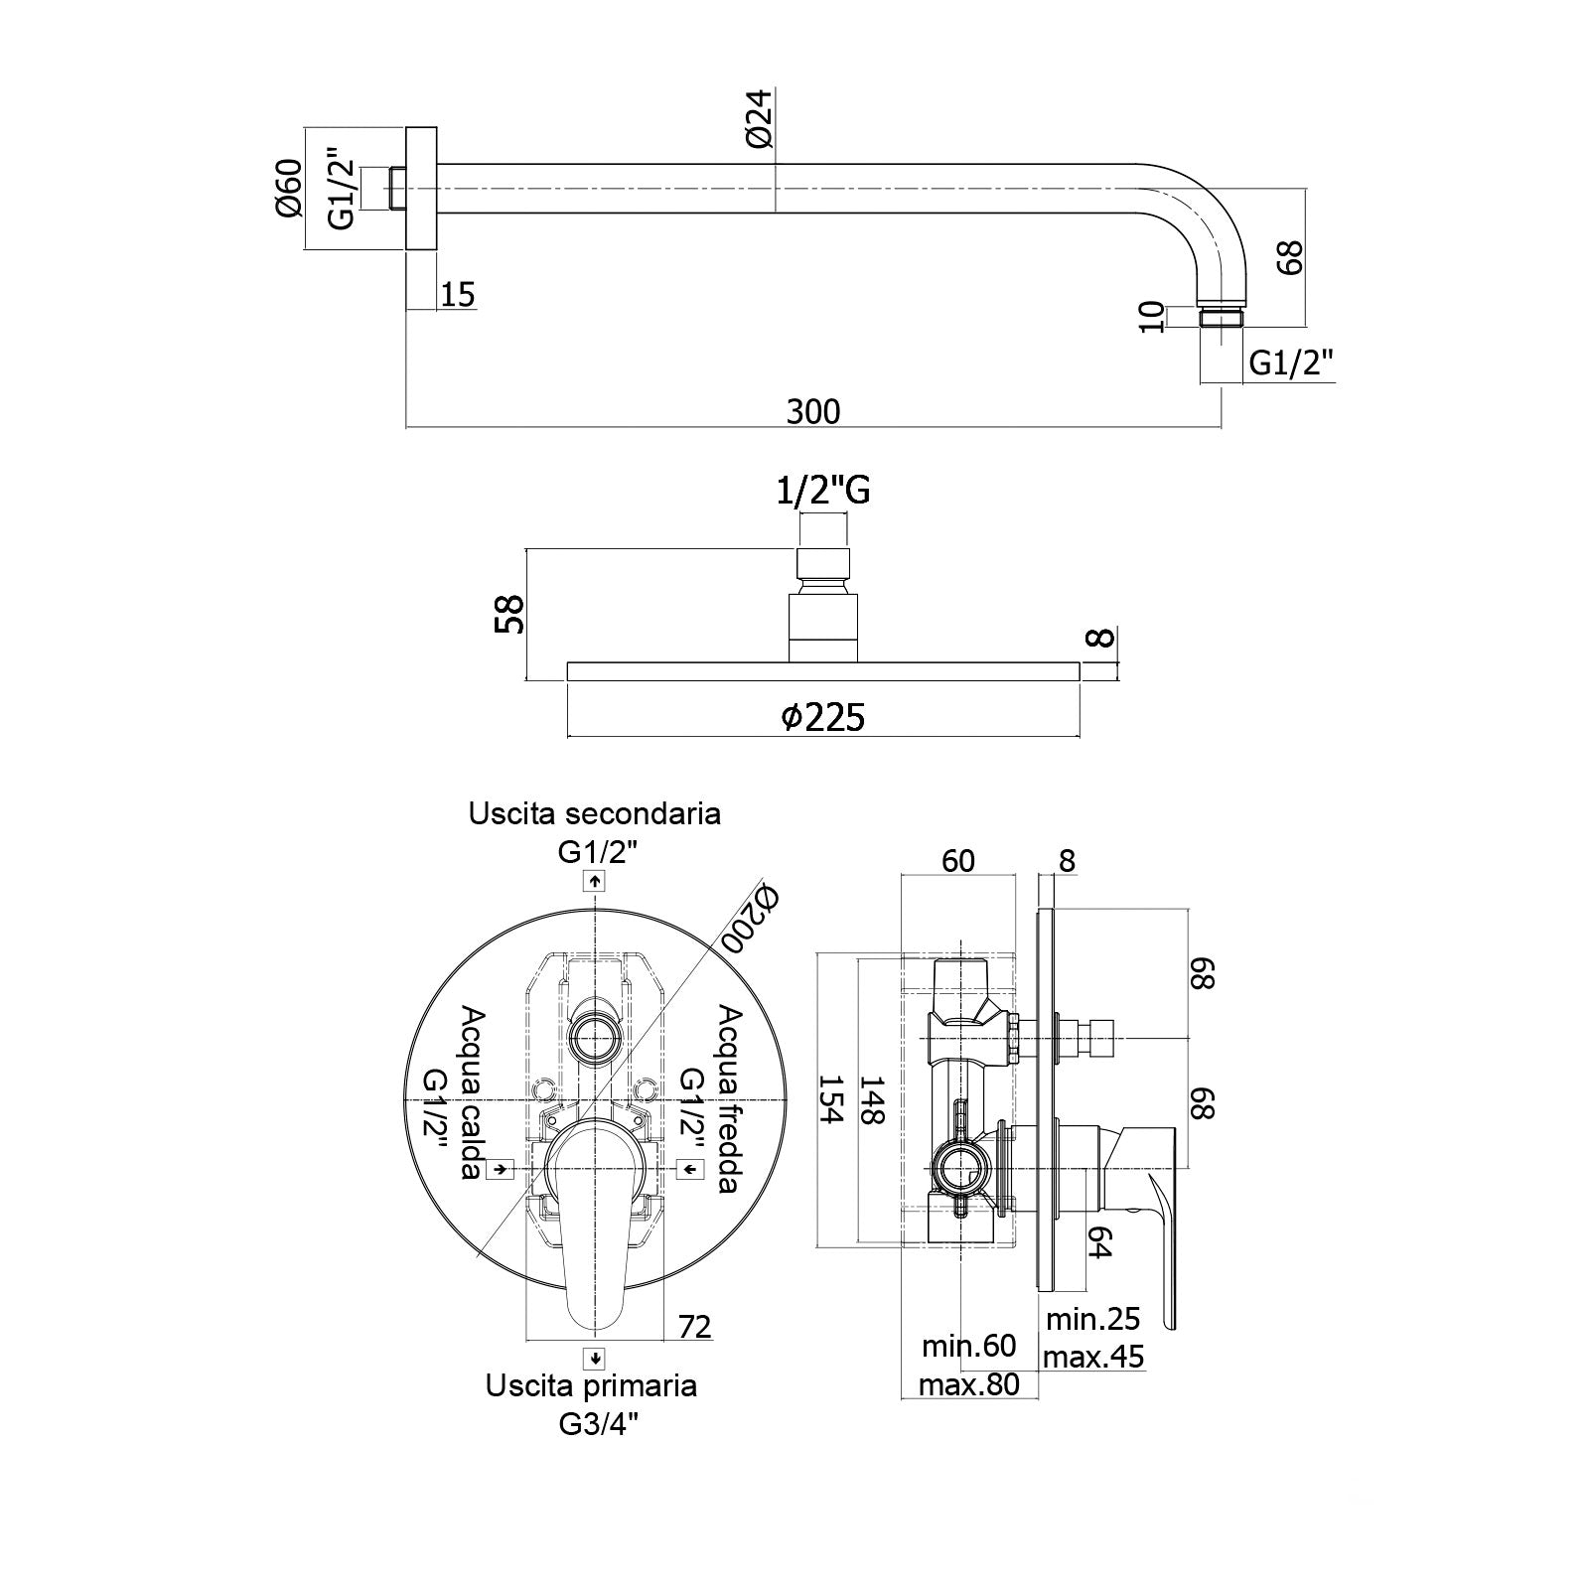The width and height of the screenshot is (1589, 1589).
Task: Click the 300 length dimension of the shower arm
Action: click(812, 410)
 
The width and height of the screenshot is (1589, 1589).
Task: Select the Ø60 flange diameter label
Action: click(288, 189)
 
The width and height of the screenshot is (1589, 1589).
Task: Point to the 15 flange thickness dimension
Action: click(457, 294)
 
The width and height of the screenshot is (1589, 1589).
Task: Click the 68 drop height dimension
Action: click(1288, 258)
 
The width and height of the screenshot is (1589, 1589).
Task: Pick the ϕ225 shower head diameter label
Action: click(823, 716)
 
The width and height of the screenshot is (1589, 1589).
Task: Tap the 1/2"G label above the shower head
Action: click(823, 490)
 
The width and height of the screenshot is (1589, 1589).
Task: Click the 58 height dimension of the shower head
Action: click(509, 614)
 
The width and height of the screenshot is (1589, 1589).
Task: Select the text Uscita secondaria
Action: click(595, 813)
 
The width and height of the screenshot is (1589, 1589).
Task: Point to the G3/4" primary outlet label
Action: click(596, 1424)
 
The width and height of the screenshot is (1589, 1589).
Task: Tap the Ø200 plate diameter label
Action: click(752, 918)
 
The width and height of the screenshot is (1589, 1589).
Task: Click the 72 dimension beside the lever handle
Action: click(695, 1326)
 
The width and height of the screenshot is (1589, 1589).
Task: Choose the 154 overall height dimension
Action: click(829, 1098)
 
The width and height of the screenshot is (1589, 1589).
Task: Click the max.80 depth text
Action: click(969, 1383)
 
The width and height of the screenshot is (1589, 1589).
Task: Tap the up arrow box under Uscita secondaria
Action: click(594, 881)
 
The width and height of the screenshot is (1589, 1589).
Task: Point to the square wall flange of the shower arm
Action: click(422, 189)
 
